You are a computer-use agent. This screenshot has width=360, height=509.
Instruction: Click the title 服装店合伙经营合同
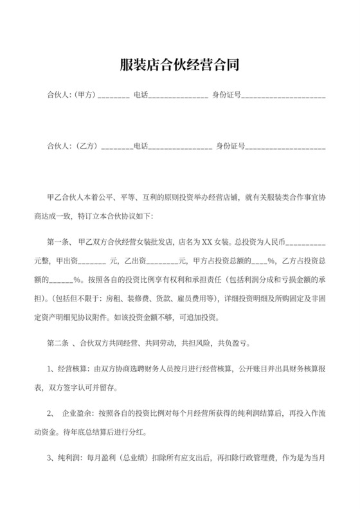tap(179, 64)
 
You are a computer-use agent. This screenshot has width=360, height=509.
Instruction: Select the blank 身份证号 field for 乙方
tap(285, 147)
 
